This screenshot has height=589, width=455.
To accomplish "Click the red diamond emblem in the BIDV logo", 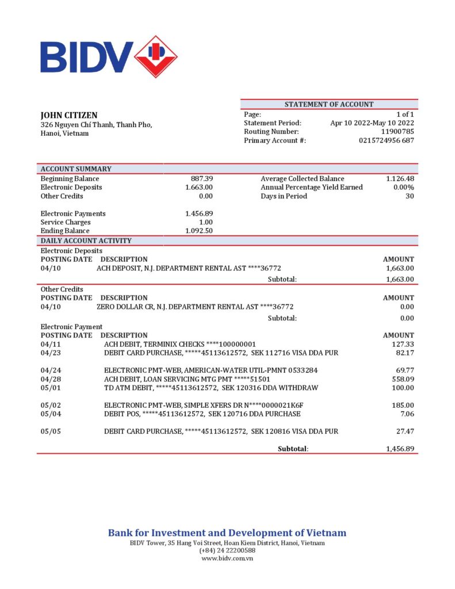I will coord(155,56).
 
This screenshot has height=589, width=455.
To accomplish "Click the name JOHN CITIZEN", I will coord(69,115).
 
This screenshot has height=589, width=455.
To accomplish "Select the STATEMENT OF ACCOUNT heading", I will coord(329,104).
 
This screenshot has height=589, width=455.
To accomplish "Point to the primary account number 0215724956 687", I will coord(386,140).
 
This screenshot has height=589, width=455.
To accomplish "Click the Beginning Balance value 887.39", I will coord(202,179).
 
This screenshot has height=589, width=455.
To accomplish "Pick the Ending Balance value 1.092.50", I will coord(199,231).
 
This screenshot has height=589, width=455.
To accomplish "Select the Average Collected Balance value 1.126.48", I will coord(400,179).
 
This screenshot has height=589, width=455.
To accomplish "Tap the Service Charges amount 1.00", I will coord(206,222).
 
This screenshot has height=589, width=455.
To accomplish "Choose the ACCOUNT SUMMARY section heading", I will coord(76,169).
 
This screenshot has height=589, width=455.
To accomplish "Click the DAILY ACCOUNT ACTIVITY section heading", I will coord(86,240).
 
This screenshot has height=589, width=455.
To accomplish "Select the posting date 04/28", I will coord(50,379).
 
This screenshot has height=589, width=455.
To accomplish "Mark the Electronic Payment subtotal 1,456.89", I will coord(400,449).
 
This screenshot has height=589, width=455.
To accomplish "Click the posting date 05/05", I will coord(50,431).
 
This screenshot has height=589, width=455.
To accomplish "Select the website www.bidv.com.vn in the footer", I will coord(228,558).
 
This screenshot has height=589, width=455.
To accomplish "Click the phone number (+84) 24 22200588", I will coord(227,550).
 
